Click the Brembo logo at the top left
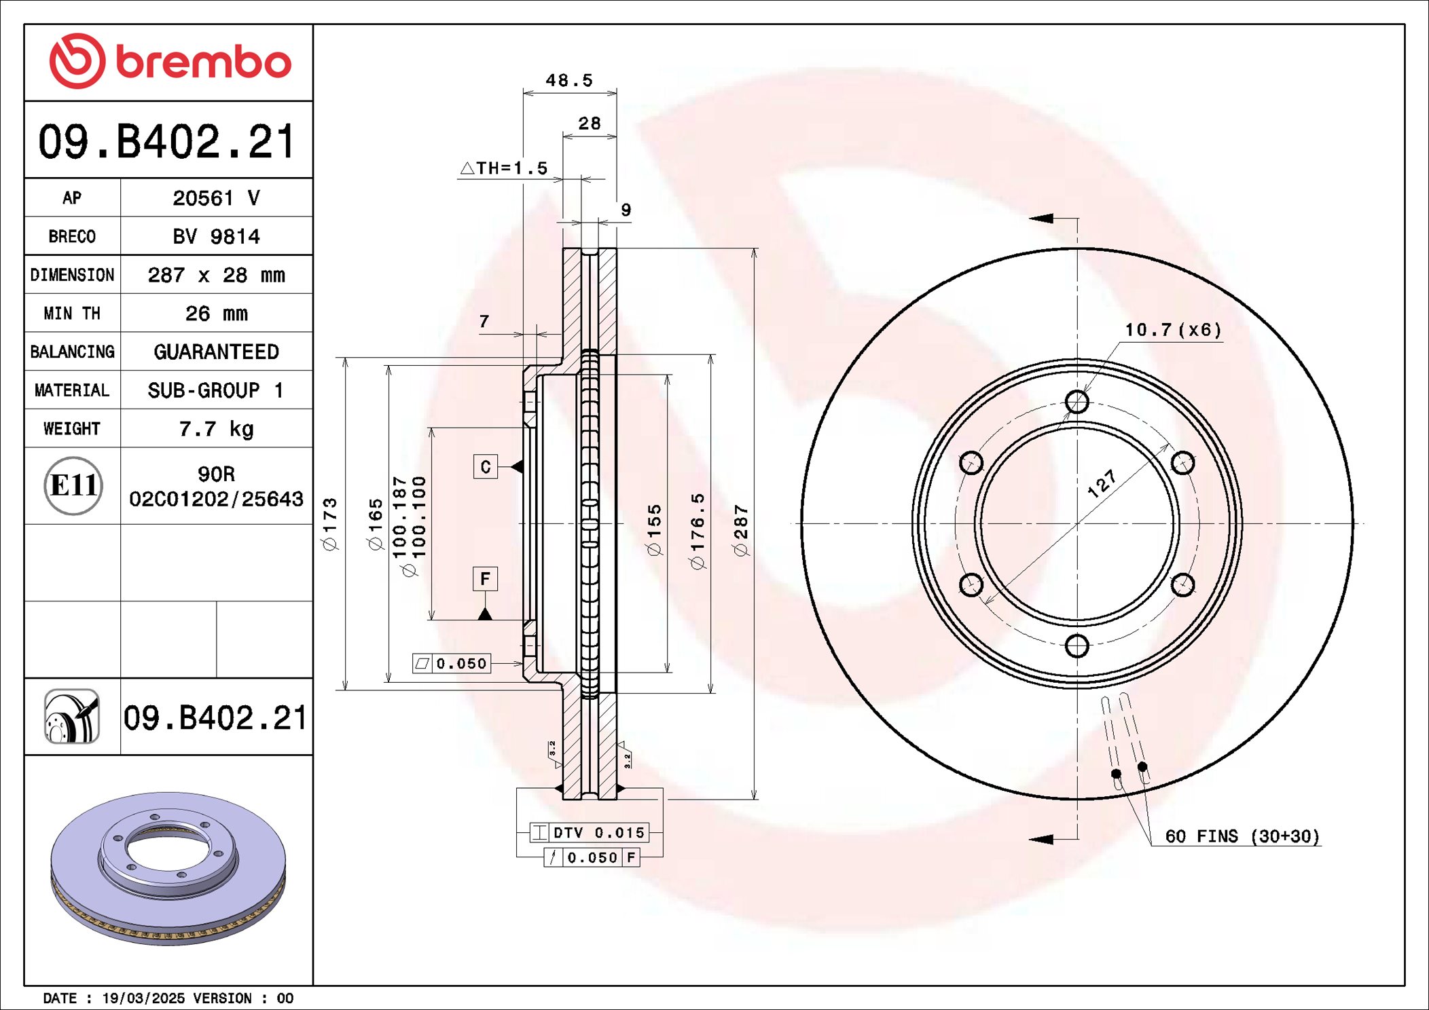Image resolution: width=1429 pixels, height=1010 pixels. click(170, 61)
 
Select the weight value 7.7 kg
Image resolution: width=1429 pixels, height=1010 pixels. click(216, 428)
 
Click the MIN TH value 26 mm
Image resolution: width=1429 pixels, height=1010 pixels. click(216, 313)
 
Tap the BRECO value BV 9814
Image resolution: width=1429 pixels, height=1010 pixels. click(216, 236)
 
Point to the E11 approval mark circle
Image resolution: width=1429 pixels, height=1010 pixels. click(73, 485)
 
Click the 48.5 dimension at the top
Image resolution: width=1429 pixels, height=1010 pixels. click(569, 80)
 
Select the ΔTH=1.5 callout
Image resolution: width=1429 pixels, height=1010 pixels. click(504, 168)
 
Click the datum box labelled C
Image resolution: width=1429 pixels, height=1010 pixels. click(485, 467)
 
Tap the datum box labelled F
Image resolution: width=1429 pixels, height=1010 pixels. click(485, 579)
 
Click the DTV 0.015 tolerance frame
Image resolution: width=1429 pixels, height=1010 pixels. click(590, 832)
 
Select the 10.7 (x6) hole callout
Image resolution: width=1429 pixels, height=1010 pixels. click(1173, 330)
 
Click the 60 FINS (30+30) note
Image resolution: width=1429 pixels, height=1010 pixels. click(1242, 836)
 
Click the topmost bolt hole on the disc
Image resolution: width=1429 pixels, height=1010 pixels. click(1077, 402)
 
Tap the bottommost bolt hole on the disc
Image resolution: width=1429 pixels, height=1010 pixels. click(1077, 646)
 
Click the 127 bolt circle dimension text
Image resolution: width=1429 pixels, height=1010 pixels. click(1101, 484)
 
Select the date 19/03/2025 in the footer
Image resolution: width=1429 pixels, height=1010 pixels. click(143, 998)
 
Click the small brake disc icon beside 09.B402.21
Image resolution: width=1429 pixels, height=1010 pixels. click(72, 717)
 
